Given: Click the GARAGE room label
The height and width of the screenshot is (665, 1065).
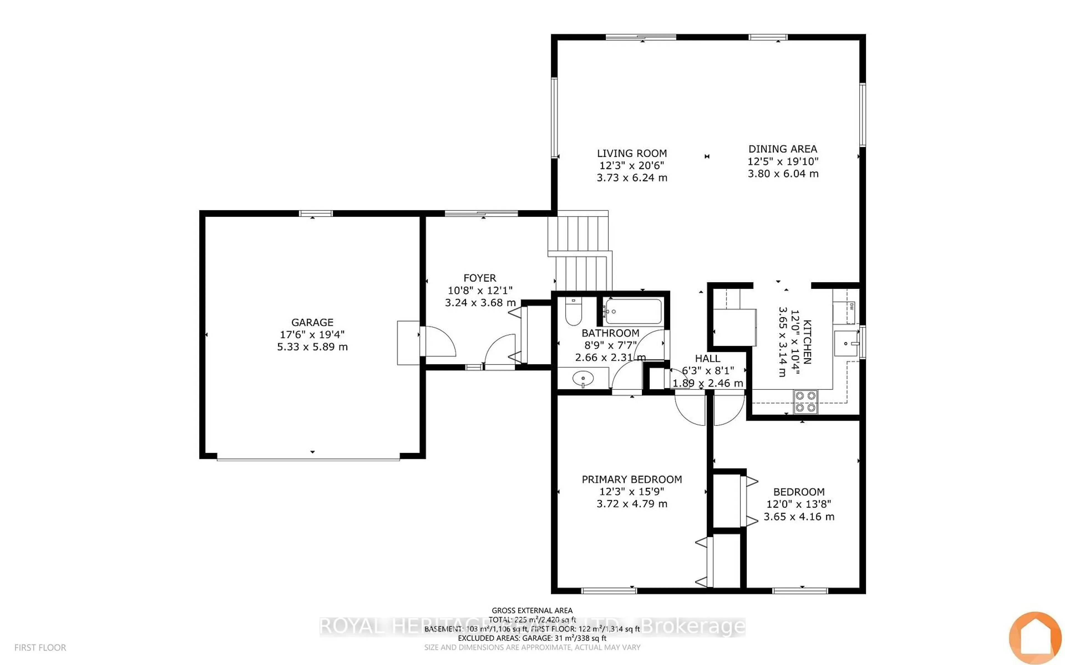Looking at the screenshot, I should click(312, 322).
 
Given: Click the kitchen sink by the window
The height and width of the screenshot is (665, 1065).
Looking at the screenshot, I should click(845, 343).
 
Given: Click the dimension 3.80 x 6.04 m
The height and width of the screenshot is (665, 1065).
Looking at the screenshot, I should click(783, 174).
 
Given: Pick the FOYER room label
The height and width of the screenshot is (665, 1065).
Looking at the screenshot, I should click(480, 278).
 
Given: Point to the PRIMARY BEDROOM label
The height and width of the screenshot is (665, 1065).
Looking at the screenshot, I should click(632, 479).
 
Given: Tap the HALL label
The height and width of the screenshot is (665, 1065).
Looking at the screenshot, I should click(707, 359).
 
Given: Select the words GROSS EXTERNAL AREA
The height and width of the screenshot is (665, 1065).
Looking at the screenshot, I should click(532, 610).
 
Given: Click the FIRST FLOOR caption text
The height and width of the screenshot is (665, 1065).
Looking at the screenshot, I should click(40, 648).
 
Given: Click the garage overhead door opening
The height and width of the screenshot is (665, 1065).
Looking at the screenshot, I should click(308, 459).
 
